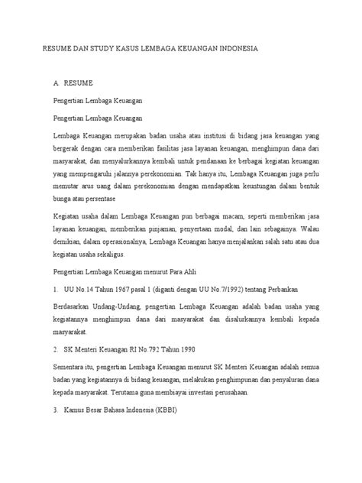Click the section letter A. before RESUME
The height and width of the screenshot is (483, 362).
55,79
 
